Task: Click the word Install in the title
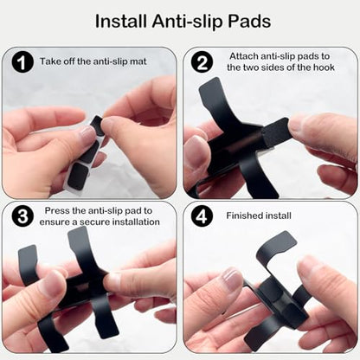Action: click(121, 21)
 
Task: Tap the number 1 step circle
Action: click(22, 62)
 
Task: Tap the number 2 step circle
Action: click(202, 62)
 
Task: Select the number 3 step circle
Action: click(22, 216)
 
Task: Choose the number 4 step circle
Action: click(202, 216)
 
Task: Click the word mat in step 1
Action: click(138, 61)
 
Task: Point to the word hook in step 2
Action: click(324, 67)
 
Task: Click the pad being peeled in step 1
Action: click(98, 125)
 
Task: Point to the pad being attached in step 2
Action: click(275, 132)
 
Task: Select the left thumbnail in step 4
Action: click(231, 280)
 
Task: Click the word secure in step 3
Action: click(95, 222)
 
